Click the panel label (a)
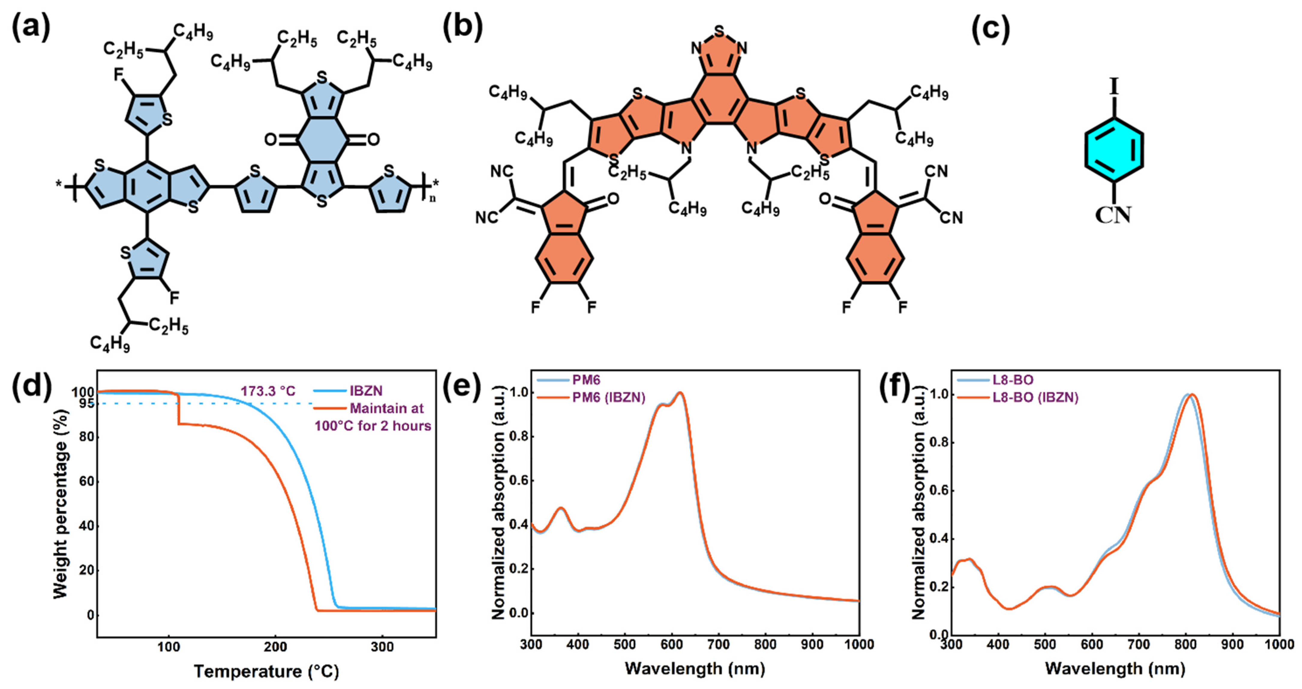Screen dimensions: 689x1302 pos(31,28)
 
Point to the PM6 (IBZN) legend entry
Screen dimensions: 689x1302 pos(609,397)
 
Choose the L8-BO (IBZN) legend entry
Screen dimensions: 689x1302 pos(1035,397)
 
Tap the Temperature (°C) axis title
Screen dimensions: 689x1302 pos(266,671)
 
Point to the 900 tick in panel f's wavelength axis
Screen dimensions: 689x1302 pos(1232,645)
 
